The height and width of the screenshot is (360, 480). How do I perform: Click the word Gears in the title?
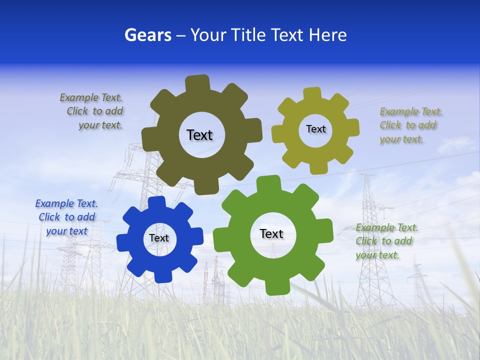click(148, 35)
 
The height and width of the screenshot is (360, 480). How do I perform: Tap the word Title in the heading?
click(249, 35)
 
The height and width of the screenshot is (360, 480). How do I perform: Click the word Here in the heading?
click(327, 35)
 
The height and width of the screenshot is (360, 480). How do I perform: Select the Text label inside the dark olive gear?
click(199, 135)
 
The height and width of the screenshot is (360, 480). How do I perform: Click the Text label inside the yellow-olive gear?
click(315, 129)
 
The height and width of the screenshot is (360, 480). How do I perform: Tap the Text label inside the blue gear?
click(158, 238)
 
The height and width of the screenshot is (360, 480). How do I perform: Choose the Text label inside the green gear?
click(271, 233)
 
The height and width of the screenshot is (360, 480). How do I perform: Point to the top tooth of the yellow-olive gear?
click(312, 94)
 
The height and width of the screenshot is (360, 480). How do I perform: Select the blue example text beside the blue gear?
click(66, 217)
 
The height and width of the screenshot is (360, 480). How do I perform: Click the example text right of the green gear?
click(386, 241)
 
